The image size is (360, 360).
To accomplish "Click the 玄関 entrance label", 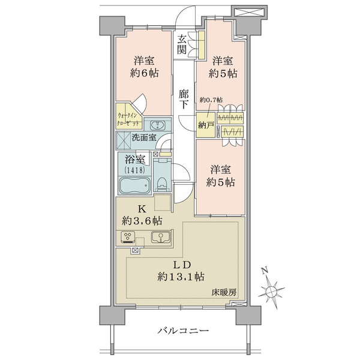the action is coord(182,44).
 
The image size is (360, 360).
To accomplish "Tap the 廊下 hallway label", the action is coord(184,99).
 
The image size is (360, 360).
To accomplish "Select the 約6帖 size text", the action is coord(144,73).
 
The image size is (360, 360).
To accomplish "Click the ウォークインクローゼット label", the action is coord(128,119).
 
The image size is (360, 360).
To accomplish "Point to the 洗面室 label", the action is coord(144,137).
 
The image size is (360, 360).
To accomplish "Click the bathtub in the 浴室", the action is coord(135,185).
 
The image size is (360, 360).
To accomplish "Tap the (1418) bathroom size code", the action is coord(134,170).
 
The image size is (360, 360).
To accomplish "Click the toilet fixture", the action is coord(163,183).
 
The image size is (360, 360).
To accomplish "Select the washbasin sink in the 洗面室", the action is coord(157,125).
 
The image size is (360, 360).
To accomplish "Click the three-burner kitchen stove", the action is coord(128,238).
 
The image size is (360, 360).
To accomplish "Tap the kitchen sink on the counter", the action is coord(161,237).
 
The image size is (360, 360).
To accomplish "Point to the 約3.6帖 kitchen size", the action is coord(142,221).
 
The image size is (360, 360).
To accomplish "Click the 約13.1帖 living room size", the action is coord(181,277).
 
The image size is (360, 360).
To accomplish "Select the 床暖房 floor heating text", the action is coord(224,293).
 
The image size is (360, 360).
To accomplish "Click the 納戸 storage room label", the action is coord(206,125).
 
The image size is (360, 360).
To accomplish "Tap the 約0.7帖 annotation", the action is coord(211,100).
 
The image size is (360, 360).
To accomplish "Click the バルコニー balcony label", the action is coord(183,331).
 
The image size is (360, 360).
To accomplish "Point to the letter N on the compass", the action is coord(265,271).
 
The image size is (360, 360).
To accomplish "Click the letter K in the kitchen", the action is coord(142,209).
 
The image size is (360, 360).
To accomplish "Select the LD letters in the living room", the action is coord(182,265).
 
